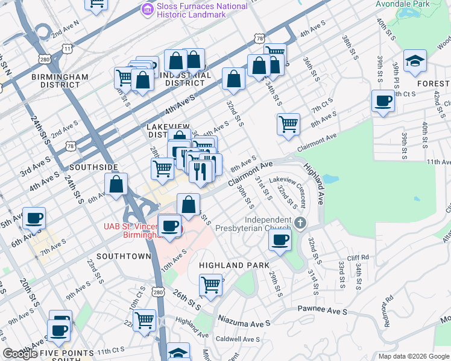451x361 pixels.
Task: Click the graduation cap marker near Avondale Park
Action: pos(415,61)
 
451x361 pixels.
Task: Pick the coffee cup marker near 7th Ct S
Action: pos(383,100)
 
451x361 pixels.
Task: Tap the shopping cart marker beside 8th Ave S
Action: pos(289,124)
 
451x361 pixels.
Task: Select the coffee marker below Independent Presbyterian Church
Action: pos(279,240)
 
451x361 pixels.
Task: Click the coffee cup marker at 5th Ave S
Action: pos(34,218)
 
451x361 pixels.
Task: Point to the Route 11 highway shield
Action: pos(67,48)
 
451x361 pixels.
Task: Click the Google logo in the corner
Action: pos(20,354)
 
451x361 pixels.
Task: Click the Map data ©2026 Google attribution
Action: pos(412,356)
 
